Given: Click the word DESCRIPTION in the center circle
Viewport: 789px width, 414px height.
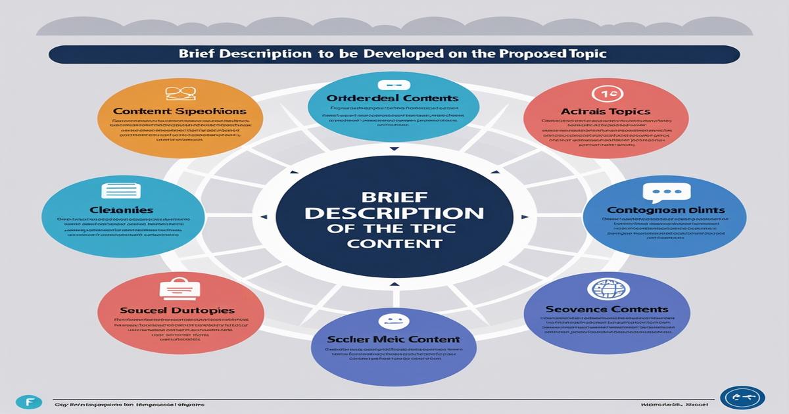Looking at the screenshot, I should tap(394, 214).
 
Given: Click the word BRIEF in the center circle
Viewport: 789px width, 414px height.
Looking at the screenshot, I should tap(394, 196).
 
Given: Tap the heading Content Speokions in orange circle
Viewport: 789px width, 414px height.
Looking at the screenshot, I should tap(179, 112).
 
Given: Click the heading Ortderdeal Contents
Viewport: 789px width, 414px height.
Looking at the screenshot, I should tap(393, 98).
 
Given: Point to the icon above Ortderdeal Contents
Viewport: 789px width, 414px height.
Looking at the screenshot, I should tap(394, 85).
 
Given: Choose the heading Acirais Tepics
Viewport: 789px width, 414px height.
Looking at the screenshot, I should tap(606, 112).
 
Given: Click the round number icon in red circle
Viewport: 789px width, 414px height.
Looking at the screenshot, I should tap(606, 93).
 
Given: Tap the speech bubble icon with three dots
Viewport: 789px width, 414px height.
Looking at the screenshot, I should tap(667, 193).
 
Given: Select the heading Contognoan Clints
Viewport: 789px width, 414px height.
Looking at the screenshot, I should tap(665, 211).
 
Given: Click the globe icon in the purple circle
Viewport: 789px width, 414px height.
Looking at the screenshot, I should tap(606, 290).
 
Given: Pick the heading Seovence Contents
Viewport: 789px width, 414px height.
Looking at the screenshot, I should tap(606, 309).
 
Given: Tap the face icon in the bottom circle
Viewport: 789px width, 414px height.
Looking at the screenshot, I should tap(394, 321).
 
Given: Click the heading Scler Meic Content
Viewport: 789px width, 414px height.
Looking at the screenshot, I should tap(394, 340).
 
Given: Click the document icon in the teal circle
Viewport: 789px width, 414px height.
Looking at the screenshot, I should tap(120, 191).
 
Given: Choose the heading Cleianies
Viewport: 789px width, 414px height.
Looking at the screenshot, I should tap(122, 210).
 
